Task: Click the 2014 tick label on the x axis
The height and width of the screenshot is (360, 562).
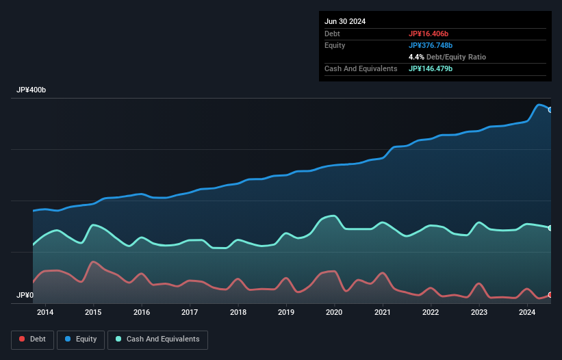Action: click(x=45, y=313)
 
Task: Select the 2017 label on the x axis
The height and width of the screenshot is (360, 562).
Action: click(x=190, y=313)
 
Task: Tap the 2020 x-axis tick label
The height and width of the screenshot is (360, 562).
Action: click(x=334, y=313)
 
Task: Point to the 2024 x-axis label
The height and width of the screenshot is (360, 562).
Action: click(x=527, y=313)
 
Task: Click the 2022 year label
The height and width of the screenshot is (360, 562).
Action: click(x=431, y=313)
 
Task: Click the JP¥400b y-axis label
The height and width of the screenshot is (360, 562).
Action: click(x=31, y=90)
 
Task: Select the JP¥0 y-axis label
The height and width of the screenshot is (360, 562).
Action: click(x=25, y=295)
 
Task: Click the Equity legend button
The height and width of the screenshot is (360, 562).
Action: click(x=80, y=339)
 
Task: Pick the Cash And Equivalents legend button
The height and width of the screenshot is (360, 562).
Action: click(x=157, y=339)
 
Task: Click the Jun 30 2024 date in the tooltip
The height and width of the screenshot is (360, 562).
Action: click(x=345, y=21)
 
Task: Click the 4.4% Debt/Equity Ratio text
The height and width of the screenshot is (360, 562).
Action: click(x=447, y=57)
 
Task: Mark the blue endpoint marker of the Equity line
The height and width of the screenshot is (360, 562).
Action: click(x=550, y=110)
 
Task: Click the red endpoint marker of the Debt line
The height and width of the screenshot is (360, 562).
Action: click(x=550, y=295)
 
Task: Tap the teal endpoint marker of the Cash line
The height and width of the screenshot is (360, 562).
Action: click(x=550, y=228)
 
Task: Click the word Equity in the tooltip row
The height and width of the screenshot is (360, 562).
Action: click(x=335, y=45)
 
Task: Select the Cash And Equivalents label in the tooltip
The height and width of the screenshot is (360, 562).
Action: click(x=361, y=68)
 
